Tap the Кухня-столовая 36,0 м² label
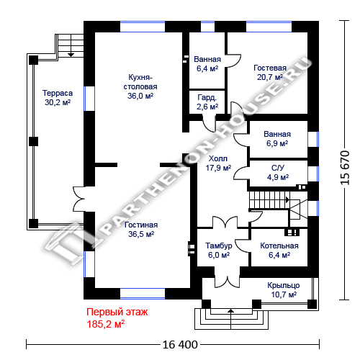click(x=140, y=86)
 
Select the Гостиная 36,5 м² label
click(x=141, y=230)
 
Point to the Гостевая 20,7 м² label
click(x=270, y=73)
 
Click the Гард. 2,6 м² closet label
click(x=207, y=102)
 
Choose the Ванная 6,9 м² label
click(x=277, y=139)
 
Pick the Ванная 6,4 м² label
click(x=207, y=64)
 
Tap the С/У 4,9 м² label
click(x=278, y=173)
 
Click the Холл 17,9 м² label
click(x=218, y=163)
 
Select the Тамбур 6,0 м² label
click(x=219, y=251)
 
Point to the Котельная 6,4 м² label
click(x=279, y=251)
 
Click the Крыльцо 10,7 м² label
click(x=284, y=290)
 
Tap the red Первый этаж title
click(x=117, y=312)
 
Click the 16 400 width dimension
click(x=180, y=345)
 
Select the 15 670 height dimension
click(x=345, y=168)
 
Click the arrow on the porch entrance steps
click(x=230, y=319)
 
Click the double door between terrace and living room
click(x=79, y=199)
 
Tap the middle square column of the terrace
click(x=33, y=141)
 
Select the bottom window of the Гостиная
click(x=143, y=294)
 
